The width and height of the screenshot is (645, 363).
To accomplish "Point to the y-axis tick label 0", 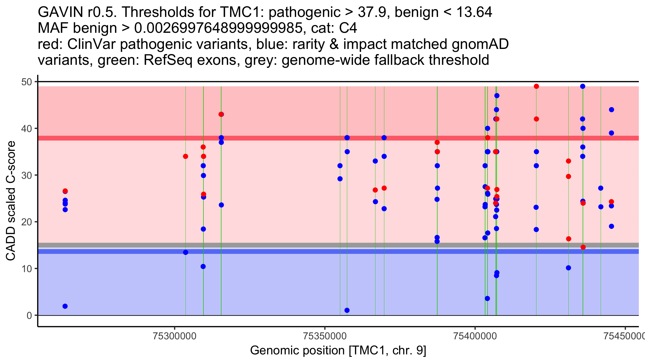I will (29, 316).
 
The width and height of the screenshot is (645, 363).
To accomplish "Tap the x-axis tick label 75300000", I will (175, 336).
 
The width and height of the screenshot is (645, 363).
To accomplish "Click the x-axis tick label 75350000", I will (325, 336).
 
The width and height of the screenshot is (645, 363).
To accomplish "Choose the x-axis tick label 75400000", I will (475, 336).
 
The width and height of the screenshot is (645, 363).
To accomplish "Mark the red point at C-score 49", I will (536, 86).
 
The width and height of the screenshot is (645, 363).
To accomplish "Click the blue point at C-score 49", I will (583, 86).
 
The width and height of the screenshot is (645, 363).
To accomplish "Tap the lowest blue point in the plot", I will (347, 310).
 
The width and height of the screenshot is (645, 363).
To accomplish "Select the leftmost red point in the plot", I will (65, 191).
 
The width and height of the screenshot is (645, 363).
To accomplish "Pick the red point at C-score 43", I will (221, 114).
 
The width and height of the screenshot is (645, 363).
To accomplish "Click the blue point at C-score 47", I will (497, 96).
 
